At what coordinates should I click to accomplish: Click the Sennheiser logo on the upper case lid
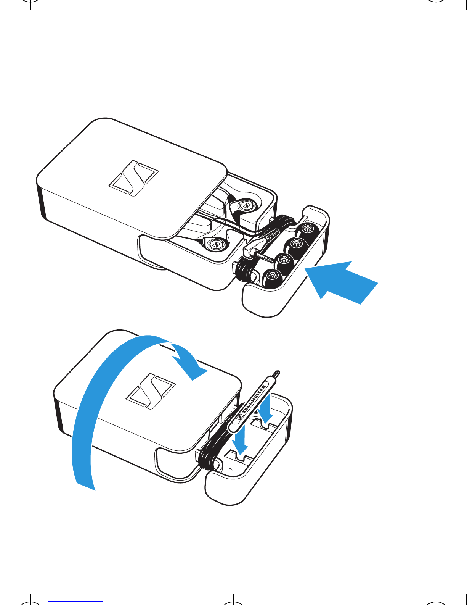tap(133, 178)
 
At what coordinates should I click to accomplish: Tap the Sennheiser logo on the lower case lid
tap(151, 392)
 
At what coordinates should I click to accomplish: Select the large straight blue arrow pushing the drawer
tap(341, 282)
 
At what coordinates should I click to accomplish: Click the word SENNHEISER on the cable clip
tap(254, 399)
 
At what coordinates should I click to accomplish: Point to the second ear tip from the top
tap(295, 245)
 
